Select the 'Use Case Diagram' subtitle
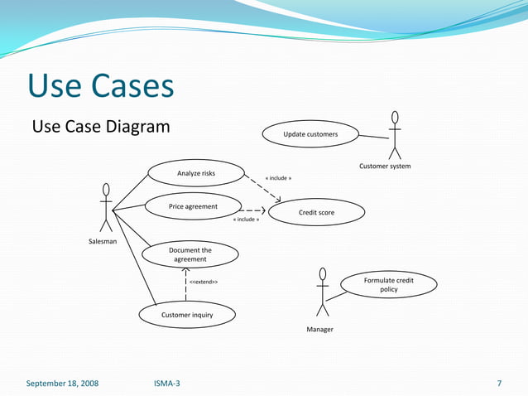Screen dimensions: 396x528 100,127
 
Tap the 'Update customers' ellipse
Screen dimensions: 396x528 310,134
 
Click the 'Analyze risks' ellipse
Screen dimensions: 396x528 196,173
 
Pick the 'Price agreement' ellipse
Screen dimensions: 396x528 193,206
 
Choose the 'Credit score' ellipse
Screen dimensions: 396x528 316,213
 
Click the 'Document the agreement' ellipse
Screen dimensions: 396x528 190,254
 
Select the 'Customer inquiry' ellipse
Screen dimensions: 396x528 187,315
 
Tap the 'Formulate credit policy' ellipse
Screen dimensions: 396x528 388,285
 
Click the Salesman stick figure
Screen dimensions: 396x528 106,207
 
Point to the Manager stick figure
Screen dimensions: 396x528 322,292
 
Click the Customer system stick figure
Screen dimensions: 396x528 395,135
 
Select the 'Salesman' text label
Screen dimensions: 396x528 103,241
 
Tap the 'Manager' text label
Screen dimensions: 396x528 319,330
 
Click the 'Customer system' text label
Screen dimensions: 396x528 384,167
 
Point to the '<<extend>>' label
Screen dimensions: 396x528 204,283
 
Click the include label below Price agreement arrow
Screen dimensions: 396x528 246,220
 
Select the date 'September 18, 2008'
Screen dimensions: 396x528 62,384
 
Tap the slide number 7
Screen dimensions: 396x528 499,384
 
